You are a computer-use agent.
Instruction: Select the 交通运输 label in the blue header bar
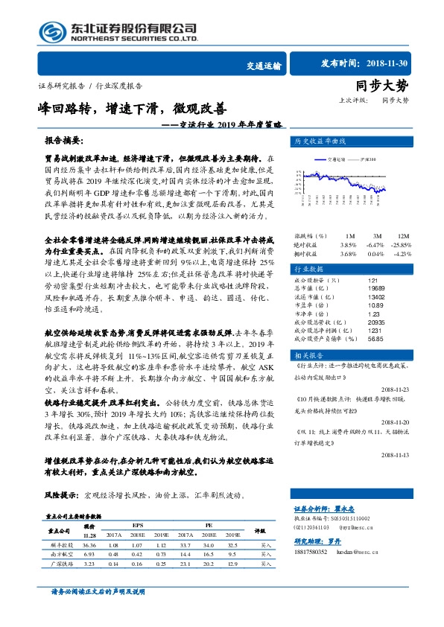(x=264, y=66)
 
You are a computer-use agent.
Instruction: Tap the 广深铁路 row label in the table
(x=61, y=565)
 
